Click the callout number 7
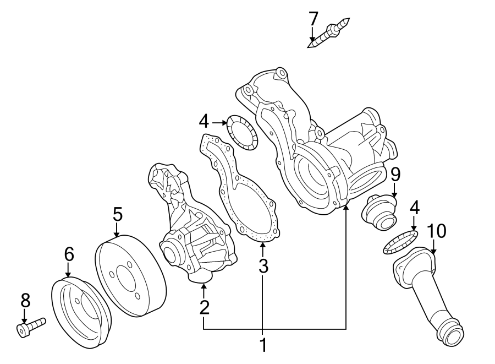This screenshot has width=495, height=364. coord(313,19)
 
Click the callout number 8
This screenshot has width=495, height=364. coord(25,300)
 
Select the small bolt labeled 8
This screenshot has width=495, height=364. coord(31,327)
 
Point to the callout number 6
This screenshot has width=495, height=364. coord(68,254)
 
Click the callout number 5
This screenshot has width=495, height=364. coord(117,214)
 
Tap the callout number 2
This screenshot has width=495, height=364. coord(204,307)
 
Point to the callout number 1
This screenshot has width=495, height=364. coord(263,345)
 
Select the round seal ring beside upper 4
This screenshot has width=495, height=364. coord(242,132)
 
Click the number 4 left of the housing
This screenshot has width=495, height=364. coord(204,121)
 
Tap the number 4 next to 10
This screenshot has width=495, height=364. coord(414,208)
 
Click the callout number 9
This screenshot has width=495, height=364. coord(395,175)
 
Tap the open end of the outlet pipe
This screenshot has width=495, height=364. coord(454,334)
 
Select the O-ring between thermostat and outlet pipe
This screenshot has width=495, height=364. coord(400,243)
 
